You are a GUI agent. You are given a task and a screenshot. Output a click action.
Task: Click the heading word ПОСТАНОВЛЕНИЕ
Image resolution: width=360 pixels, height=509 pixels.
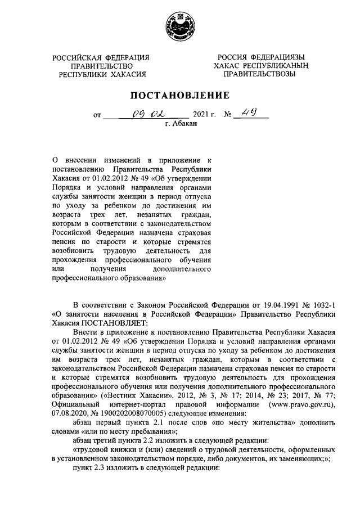pos(179,95)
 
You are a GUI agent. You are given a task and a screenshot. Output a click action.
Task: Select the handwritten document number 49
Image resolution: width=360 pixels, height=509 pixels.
pos(251,115)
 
